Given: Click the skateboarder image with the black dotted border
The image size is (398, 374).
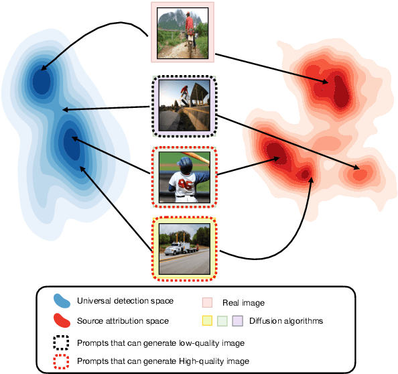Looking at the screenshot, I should [x=184, y=106].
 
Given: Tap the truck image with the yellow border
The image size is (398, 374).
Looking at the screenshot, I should [x=184, y=249].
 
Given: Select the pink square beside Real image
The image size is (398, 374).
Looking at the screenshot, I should [x=208, y=303].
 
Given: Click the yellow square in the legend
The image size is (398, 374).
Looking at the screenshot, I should [x=208, y=321].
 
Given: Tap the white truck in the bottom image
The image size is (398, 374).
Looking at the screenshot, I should [x=177, y=249].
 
